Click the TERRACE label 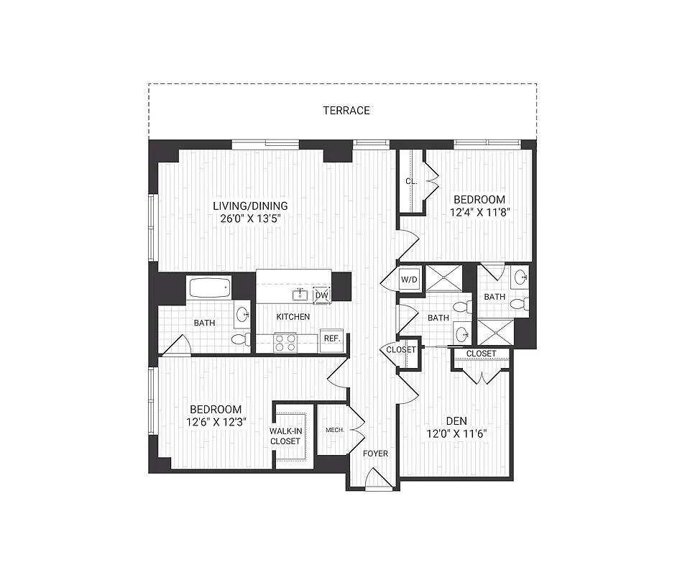click(346, 110)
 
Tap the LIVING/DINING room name click(249, 206)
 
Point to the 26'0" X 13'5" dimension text click(249, 218)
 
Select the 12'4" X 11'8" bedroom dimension click(479, 213)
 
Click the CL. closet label click(410, 182)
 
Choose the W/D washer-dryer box click(409, 279)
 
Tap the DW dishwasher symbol click(322, 295)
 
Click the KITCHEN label click(293, 316)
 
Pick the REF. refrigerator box click(331, 338)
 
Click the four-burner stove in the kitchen click(285, 341)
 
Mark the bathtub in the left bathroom click(208, 288)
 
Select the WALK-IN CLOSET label click(285, 436)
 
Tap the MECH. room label click(334, 430)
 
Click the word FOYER click(375, 454)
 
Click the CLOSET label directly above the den click(481, 354)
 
